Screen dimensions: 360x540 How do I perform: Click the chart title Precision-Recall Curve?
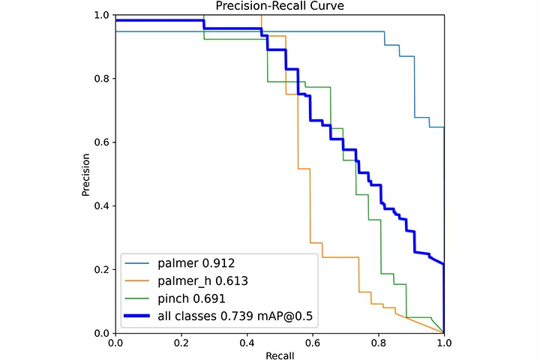tap(280, 7)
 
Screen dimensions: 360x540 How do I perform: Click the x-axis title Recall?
tap(280, 353)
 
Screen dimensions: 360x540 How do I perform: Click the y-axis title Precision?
tap(87, 175)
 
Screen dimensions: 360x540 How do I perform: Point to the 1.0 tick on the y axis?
tap(102, 15)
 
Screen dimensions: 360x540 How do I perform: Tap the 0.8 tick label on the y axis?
tap(102, 79)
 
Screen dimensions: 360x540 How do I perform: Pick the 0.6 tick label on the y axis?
tap(102, 142)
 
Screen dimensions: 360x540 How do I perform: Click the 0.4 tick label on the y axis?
tap(102, 205)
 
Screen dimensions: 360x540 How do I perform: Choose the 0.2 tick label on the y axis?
tap(102, 269)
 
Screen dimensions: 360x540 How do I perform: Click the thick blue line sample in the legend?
tap(140, 318)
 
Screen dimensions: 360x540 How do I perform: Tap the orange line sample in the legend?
tap(140, 282)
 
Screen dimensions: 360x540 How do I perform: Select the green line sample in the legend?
tap(140, 300)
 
